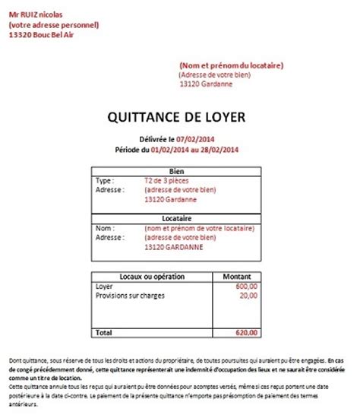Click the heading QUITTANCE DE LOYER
tap(179, 118)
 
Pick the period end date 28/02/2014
tap(221, 150)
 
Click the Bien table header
tap(179, 173)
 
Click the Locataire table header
tap(179, 217)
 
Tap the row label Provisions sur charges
tap(131, 296)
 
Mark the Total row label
tap(104, 333)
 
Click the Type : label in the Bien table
tap(106, 182)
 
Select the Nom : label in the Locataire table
tap(105, 227)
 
